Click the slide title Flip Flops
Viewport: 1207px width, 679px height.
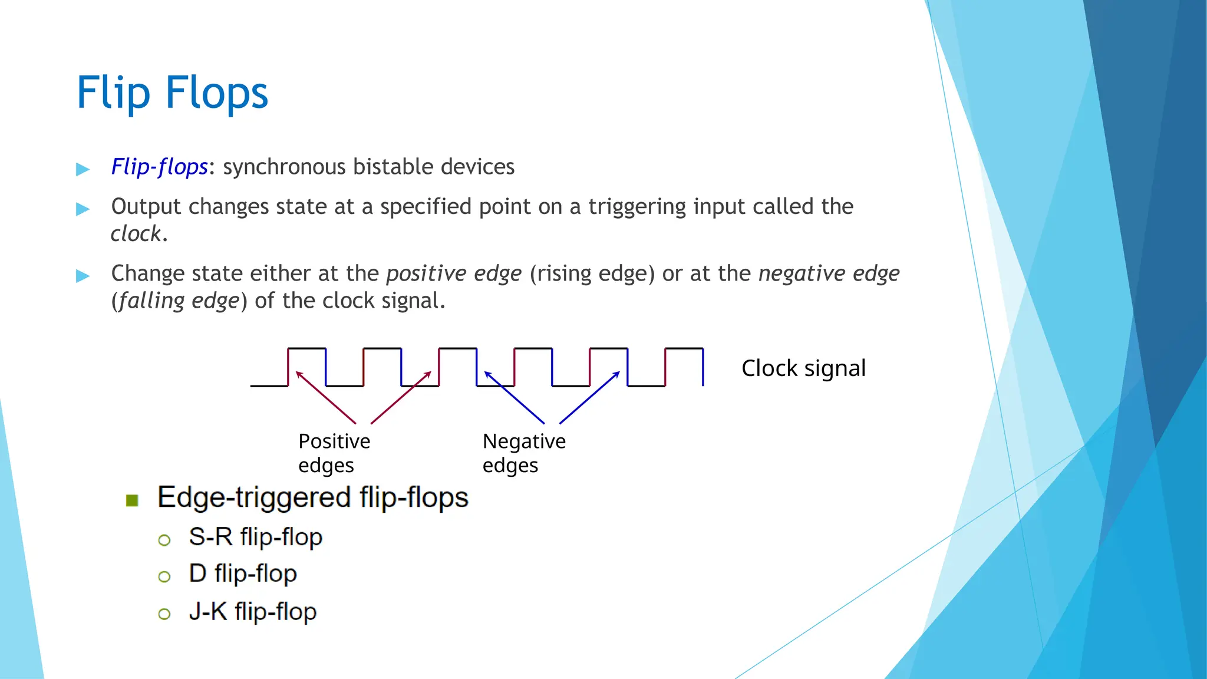(x=172, y=93)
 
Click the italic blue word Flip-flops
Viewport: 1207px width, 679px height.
(x=159, y=167)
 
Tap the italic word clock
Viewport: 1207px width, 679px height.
(x=136, y=234)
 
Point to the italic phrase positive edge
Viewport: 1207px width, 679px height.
(x=454, y=273)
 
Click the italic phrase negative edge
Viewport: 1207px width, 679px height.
(x=829, y=273)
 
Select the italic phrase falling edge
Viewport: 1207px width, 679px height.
(x=179, y=301)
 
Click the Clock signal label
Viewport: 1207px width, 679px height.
(x=803, y=368)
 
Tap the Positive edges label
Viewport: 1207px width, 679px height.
(x=334, y=453)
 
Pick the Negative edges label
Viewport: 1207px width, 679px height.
(x=523, y=453)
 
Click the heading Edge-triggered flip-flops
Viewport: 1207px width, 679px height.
(x=312, y=497)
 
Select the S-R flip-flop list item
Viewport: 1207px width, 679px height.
(x=255, y=537)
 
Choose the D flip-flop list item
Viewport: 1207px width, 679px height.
(x=242, y=573)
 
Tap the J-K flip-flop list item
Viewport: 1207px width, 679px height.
(x=252, y=612)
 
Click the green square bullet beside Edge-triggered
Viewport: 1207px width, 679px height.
(x=132, y=501)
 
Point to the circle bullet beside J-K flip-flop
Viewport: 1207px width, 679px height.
(x=164, y=614)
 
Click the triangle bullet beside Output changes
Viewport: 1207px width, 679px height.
(x=83, y=209)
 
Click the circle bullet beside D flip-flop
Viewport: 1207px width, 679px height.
(x=164, y=576)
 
